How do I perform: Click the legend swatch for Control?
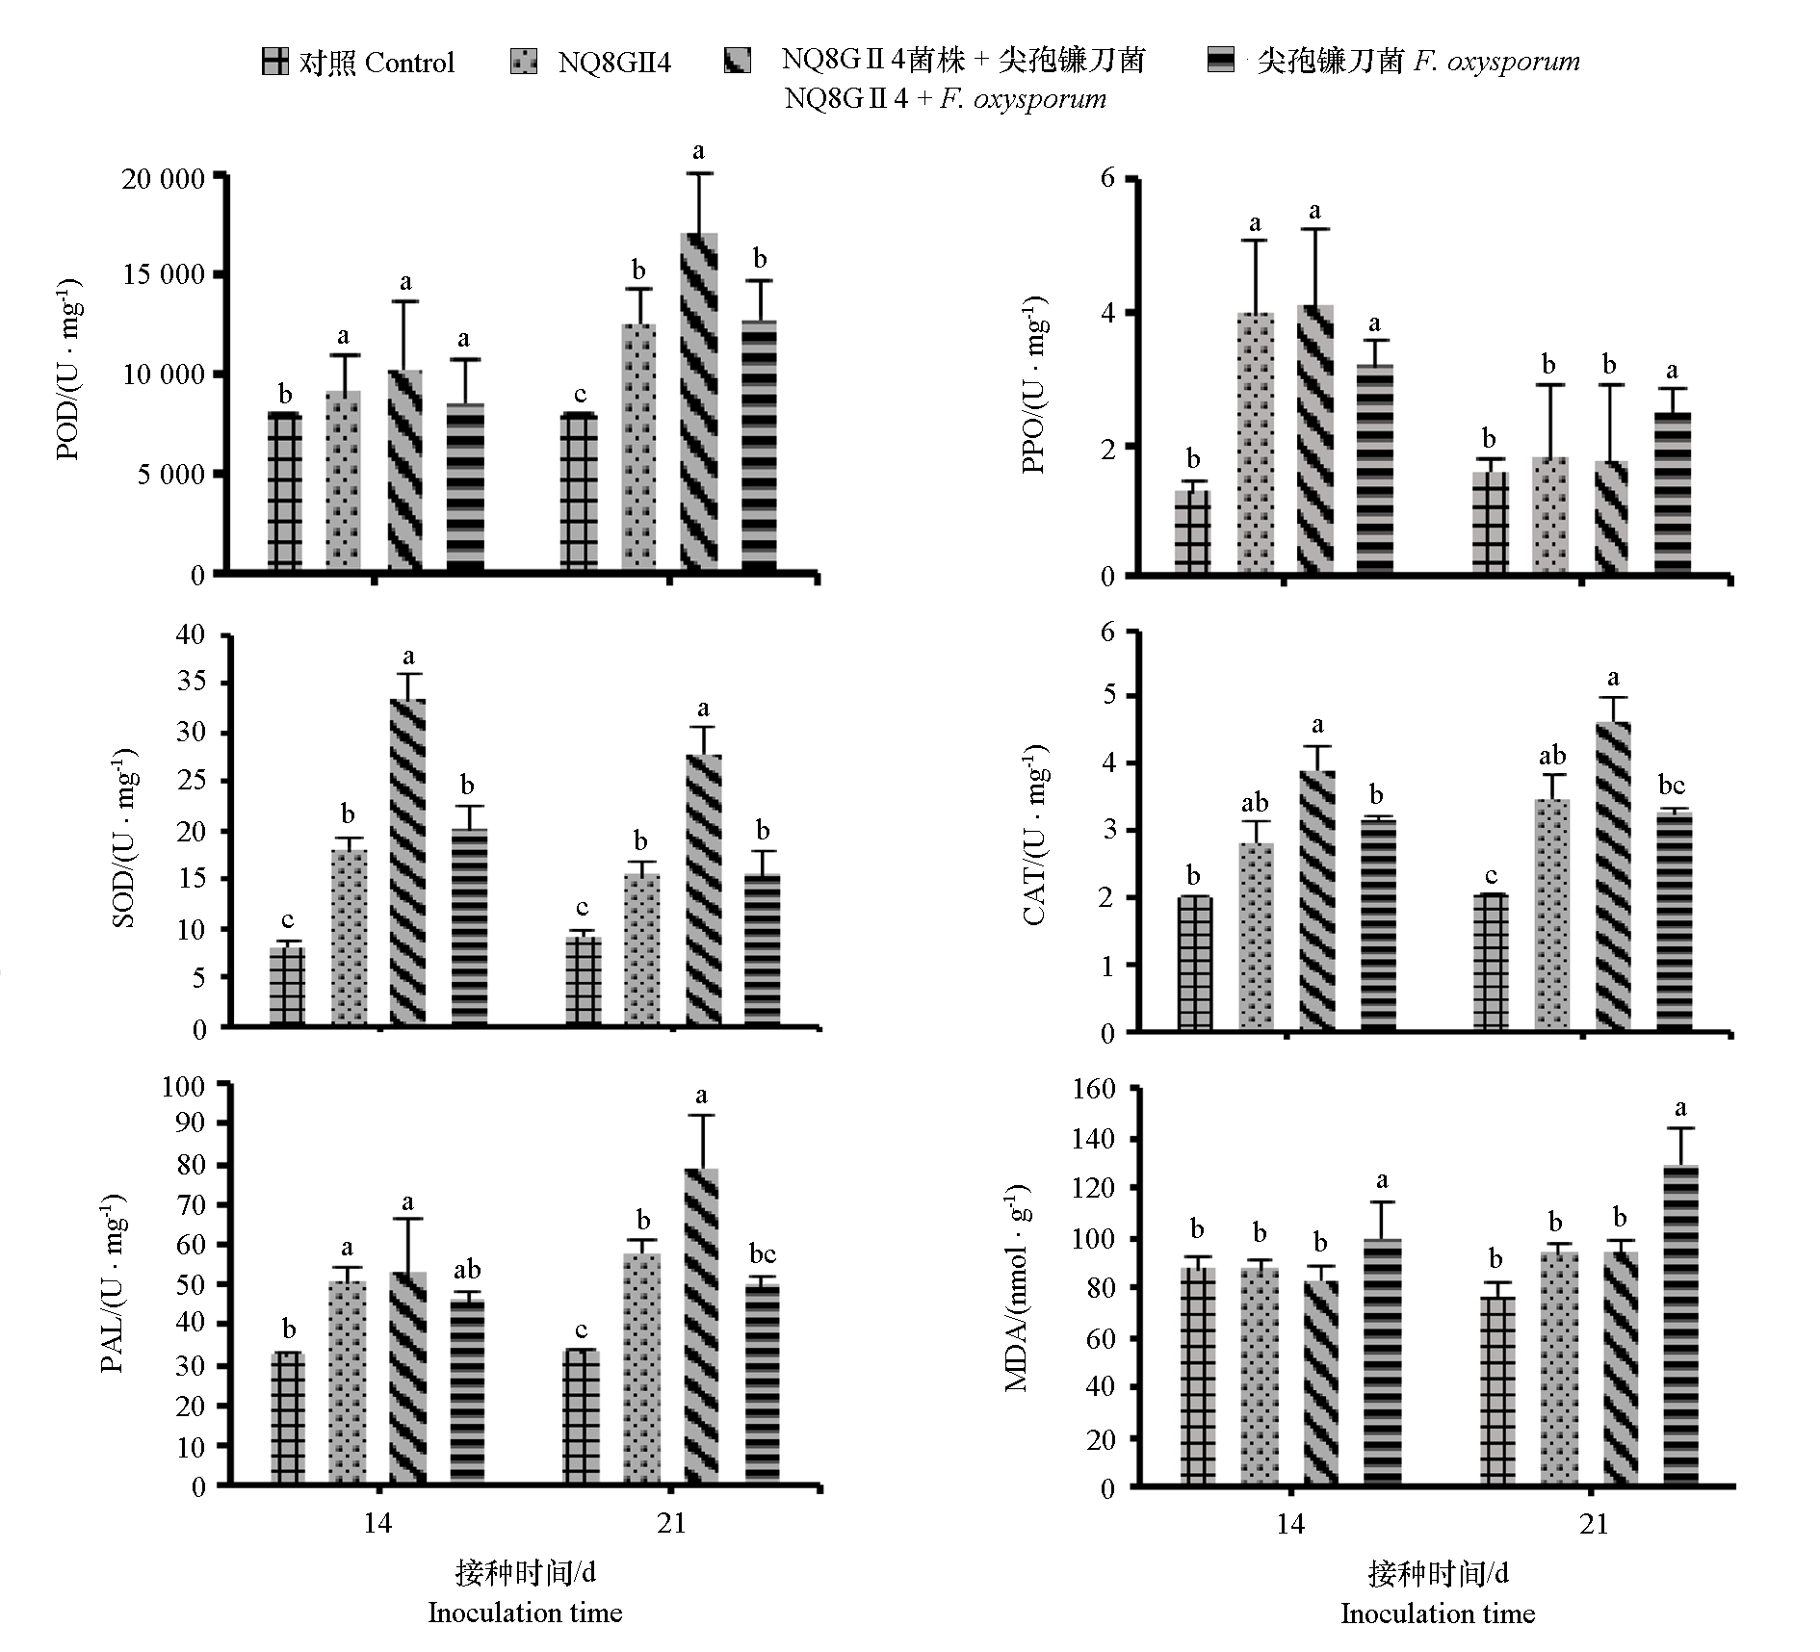tap(274, 63)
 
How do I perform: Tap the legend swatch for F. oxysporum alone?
tap(1221, 61)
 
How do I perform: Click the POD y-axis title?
tap(69, 371)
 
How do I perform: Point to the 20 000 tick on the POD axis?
tap(164, 179)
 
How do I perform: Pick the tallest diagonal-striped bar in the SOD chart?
tap(408, 862)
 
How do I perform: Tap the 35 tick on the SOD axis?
tap(187, 684)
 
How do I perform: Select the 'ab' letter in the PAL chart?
tap(467, 1270)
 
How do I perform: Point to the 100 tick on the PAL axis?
tap(183, 1087)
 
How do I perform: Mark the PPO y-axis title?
tap(1036, 385)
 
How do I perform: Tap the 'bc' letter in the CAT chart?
tap(1672, 785)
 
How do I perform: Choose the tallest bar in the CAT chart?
tap(1613, 876)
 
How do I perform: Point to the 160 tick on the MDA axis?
tap(1094, 1090)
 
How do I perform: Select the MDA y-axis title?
tap(1017, 1290)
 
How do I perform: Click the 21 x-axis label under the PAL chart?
tap(671, 1523)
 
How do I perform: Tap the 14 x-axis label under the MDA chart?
tap(1290, 1524)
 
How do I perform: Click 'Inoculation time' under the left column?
tap(525, 1613)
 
